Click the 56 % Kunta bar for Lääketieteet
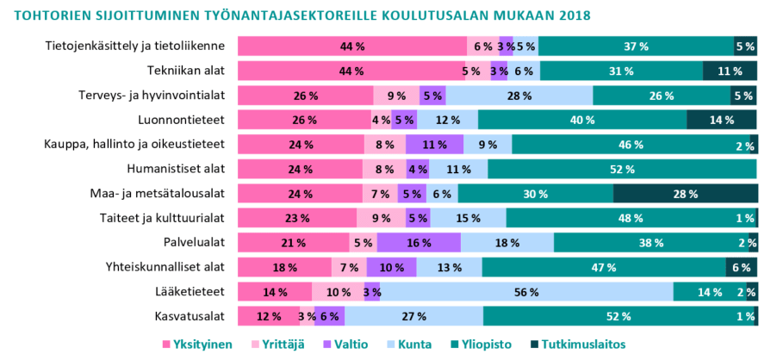[x=526, y=292]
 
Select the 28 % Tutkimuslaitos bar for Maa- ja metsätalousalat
[x=686, y=194]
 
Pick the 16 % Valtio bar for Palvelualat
[x=419, y=243]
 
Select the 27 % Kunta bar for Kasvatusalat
[x=413, y=316]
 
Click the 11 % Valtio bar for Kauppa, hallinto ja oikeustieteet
[x=434, y=145]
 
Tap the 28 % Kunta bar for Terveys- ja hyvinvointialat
[x=519, y=96]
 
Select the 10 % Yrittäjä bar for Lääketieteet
[x=338, y=292]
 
